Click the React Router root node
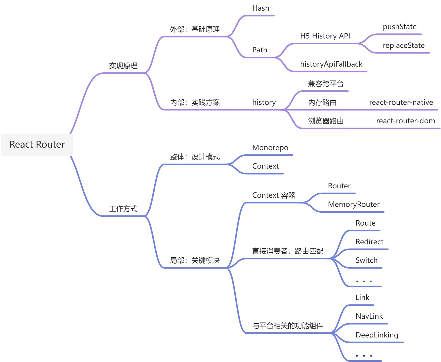tap(37, 145)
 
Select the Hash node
tap(261, 8)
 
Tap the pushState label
tap(399, 27)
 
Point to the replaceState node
tap(403, 46)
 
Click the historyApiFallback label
tap(331, 64)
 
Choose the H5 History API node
tap(325, 36)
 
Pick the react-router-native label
tap(401, 103)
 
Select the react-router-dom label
tap(406, 121)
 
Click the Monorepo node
tap(270, 148)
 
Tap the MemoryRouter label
tap(354, 205)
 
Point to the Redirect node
tap(369, 242)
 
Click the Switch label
tap(366, 260)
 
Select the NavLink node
tap(369, 316)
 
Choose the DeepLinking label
tap(377, 335)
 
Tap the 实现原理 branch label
tap(123, 66)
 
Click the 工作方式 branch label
tap(123, 209)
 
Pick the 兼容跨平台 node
tap(326, 84)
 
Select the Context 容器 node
tap(274, 195)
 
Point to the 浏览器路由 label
tap(326, 121)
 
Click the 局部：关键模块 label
tap(195, 260)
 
